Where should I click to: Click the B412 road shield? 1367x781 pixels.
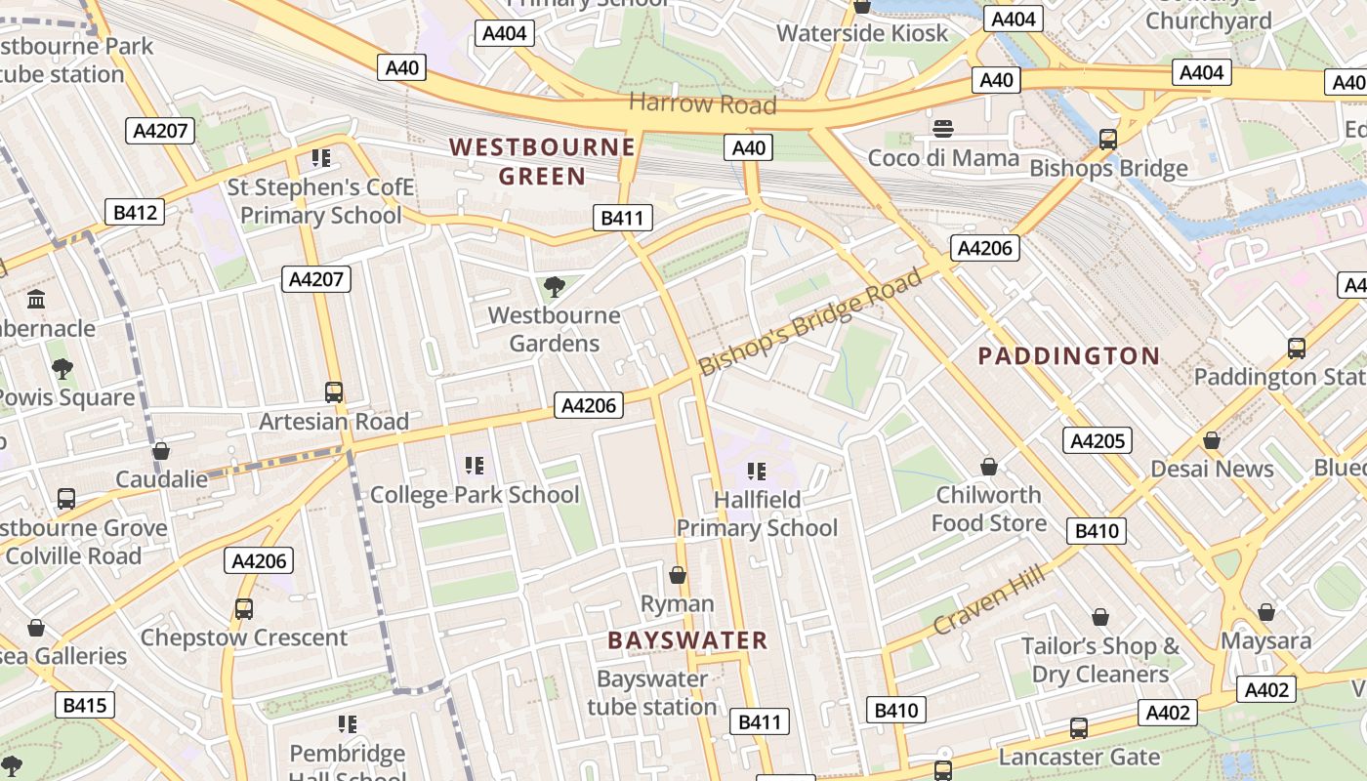pyautogui.click(x=135, y=212)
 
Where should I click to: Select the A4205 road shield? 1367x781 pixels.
pyautogui.click(x=1098, y=440)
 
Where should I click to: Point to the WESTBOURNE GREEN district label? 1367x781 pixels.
pyautogui.click(x=542, y=161)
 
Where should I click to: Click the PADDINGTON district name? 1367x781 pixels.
pyautogui.click(x=1069, y=355)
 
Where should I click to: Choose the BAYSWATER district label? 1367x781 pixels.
pyautogui.click(x=687, y=640)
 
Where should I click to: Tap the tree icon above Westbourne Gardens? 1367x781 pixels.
pyautogui.click(x=554, y=286)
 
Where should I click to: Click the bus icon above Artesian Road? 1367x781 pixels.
pyautogui.click(x=334, y=392)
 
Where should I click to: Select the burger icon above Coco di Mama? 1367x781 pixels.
pyautogui.click(x=942, y=128)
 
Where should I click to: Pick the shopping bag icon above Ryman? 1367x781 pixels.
pyautogui.click(x=677, y=575)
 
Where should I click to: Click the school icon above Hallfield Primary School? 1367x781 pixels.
pyautogui.click(x=757, y=472)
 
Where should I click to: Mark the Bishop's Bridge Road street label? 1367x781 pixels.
pyautogui.click(x=809, y=322)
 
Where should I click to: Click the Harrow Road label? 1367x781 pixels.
pyautogui.click(x=702, y=103)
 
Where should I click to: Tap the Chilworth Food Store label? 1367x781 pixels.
pyautogui.click(x=988, y=509)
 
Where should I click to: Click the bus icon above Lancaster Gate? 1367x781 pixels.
pyautogui.click(x=1079, y=727)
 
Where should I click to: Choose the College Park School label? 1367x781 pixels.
pyautogui.click(x=475, y=494)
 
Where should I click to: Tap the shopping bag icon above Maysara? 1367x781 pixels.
pyautogui.click(x=1266, y=612)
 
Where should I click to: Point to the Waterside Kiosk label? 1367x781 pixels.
pyautogui.click(x=862, y=33)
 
